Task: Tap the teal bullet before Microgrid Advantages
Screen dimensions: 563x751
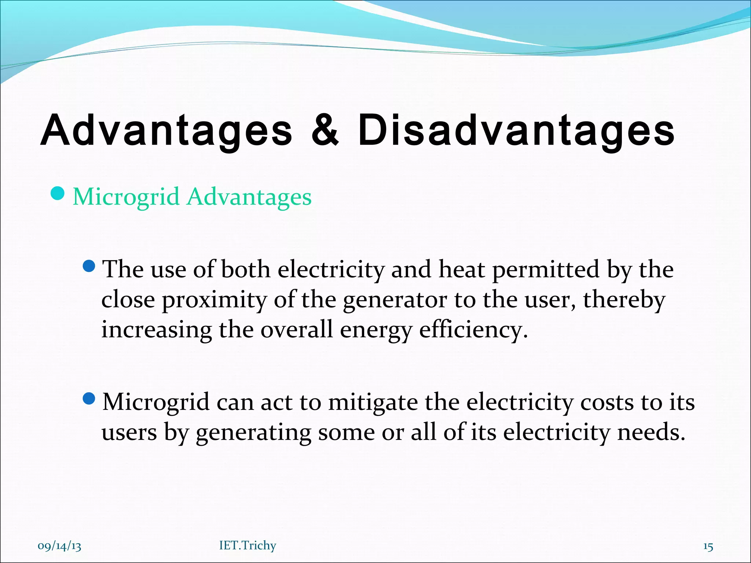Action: [58, 194]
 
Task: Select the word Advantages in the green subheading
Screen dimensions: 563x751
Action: [249, 197]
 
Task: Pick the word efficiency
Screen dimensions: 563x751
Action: [473, 330]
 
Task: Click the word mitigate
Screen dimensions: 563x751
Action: [373, 402]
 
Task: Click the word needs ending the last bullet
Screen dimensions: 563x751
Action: [651, 432]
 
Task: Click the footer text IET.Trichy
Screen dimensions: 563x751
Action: [248, 545]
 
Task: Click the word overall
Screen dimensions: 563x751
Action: [297, 330]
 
